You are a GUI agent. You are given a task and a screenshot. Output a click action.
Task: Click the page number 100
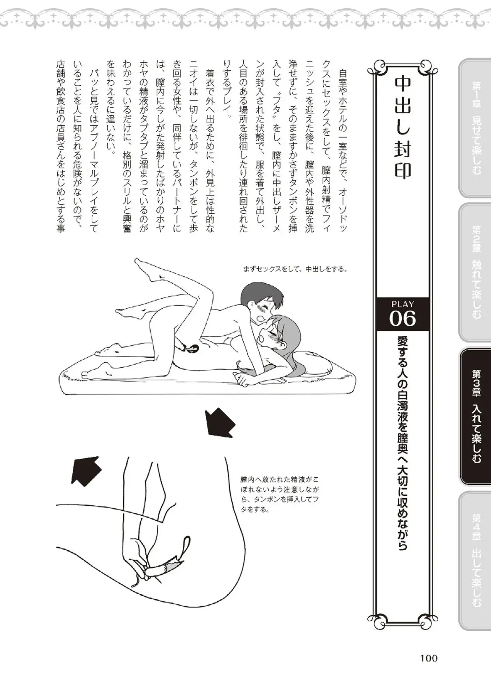point(428,658)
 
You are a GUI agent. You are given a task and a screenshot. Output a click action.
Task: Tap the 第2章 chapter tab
point(476,272)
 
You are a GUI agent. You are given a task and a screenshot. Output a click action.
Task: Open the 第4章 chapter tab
point(476,560)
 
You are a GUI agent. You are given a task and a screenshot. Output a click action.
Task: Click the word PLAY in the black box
point(402,304)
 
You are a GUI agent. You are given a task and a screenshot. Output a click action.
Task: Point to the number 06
point(402,319)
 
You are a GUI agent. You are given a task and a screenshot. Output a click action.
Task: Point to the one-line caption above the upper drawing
point(295,269)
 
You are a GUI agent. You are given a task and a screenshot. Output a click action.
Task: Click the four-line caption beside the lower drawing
point(280,494)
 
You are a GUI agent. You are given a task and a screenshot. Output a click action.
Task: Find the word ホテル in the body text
point(342,104)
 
